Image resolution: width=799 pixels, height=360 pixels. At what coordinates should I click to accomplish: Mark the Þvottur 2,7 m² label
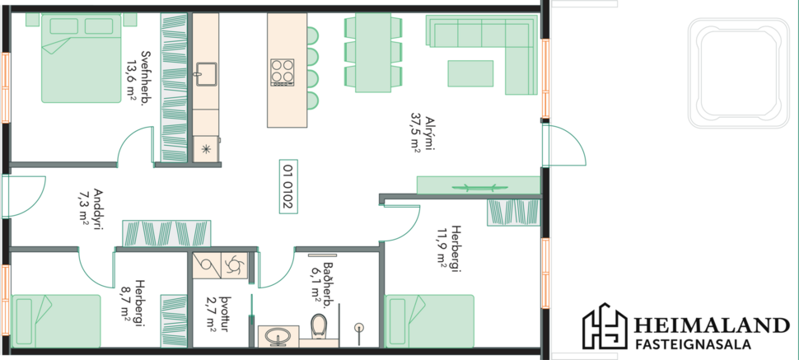click(x=219, y=317)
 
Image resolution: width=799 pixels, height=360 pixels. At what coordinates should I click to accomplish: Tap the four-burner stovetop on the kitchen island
click(x=283, y=72)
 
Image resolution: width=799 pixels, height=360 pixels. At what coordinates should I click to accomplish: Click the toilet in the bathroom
click(x=319, y=325)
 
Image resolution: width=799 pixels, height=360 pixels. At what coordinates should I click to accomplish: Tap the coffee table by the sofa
click(x=470, y=73)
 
